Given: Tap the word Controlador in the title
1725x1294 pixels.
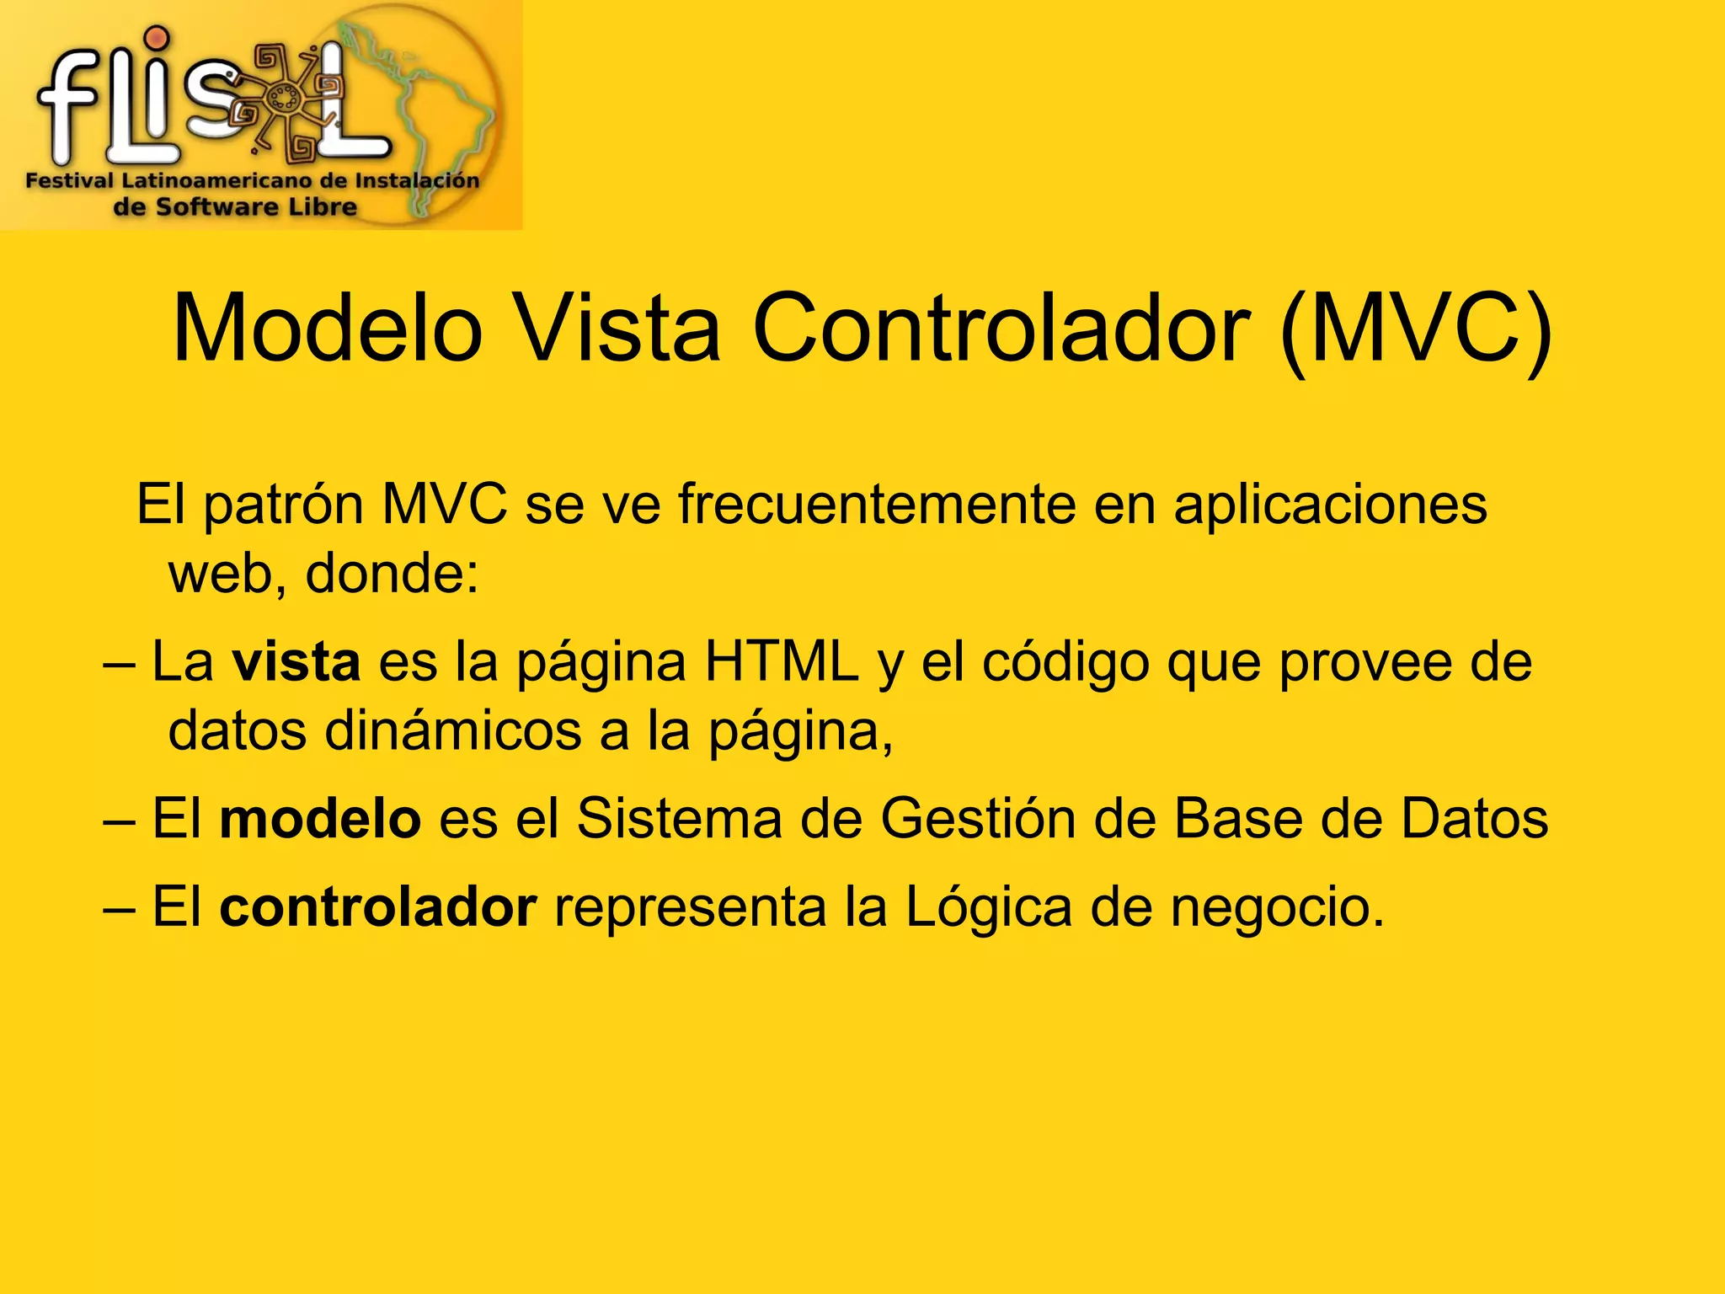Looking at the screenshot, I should click(1001, 329).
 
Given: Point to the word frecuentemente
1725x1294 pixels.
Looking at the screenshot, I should click(877, 505).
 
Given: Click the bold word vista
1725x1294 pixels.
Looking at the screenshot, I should click(296, 662).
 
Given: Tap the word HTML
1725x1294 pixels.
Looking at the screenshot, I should click(781, 662).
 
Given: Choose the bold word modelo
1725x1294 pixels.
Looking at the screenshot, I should click(320, 819).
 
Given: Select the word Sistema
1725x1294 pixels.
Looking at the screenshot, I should click(679, 819).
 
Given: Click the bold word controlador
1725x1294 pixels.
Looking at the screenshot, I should click(377, 908).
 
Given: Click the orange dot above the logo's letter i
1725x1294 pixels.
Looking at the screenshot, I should click(156, 38).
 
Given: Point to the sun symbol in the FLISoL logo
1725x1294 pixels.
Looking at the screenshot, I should click(283, 99).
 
